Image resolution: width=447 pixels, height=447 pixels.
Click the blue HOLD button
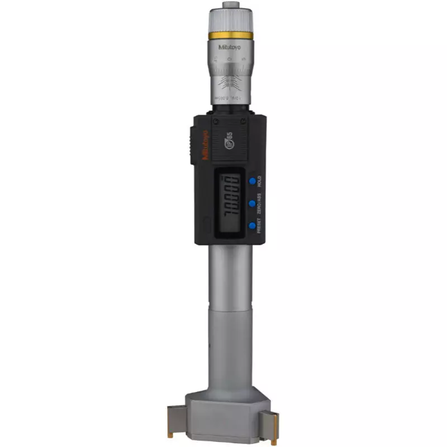[253, 180]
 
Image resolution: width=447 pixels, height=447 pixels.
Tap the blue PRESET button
[253, 226]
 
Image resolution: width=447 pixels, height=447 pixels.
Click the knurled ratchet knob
[230, 21]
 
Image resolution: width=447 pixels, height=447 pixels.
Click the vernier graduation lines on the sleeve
[230, 84]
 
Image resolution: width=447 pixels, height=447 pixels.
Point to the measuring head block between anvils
[230, 411]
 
